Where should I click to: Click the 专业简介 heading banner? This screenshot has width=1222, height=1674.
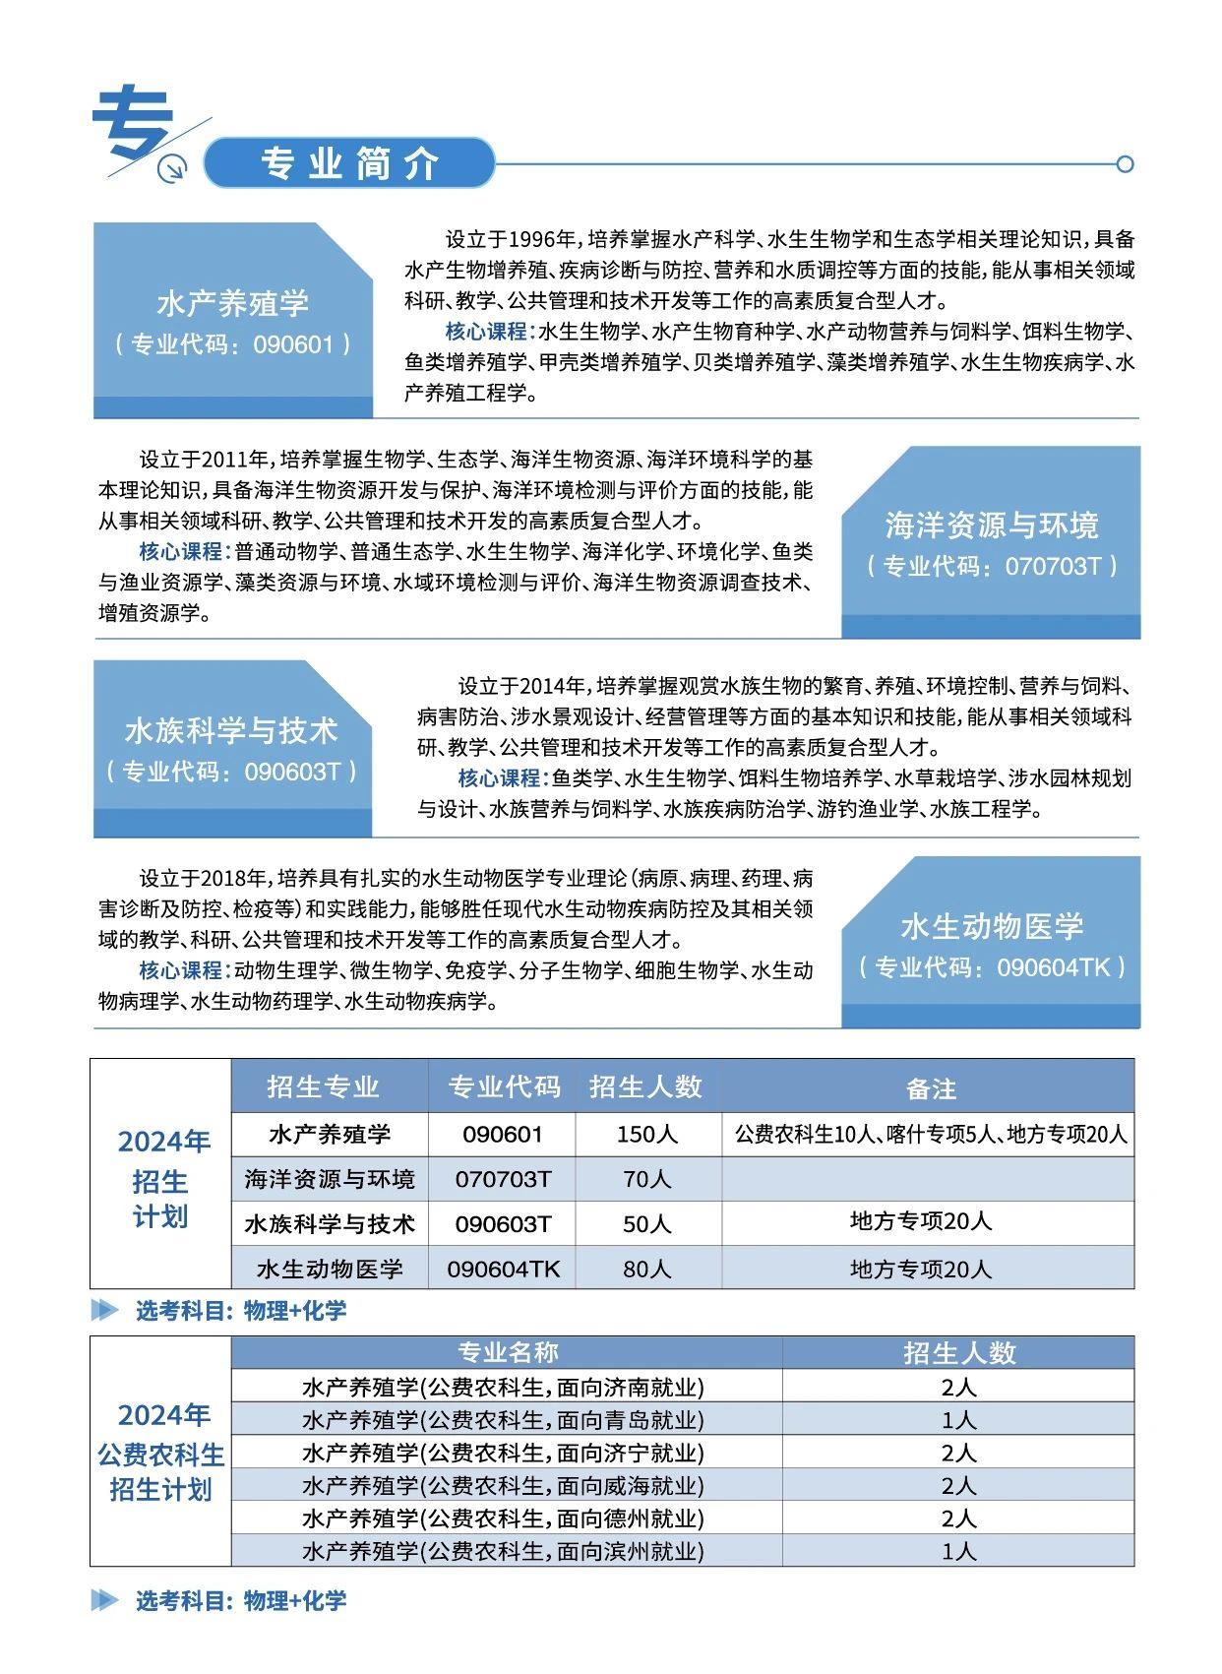click(x=349, y=163)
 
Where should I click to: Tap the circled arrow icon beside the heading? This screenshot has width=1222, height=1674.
click(x=172, y=169)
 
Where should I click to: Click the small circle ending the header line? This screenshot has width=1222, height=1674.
click(x=1126, y=164)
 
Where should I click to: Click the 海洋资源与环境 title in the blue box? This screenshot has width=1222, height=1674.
click(x=991, y=526)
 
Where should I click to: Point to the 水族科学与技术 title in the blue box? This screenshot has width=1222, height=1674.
click(x=231, y=730)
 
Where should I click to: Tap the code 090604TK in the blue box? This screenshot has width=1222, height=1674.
click(x=1053, y=967)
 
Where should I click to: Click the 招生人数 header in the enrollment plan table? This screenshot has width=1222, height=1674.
click(x=646, y=1086)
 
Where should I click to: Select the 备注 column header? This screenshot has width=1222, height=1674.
click(x=930, y=1088)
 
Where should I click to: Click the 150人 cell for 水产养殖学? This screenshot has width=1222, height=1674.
click(x=646, y=1134)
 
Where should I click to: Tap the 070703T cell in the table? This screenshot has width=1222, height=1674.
click(x=503, y=1179)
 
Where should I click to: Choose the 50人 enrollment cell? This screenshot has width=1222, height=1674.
click(x=646, y=1224)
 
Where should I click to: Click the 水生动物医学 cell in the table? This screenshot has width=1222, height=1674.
click(x=330, y=1270)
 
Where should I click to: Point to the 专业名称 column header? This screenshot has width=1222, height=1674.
click(x=507, y=1352)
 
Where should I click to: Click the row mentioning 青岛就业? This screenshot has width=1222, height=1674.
click(x=503, y=1420)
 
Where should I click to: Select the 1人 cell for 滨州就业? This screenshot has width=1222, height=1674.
click(x=957, y=1552)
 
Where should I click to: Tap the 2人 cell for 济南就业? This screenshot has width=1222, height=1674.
click(x=957, y=1388)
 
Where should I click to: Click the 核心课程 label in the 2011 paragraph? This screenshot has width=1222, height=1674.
click(x=181, y=551)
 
